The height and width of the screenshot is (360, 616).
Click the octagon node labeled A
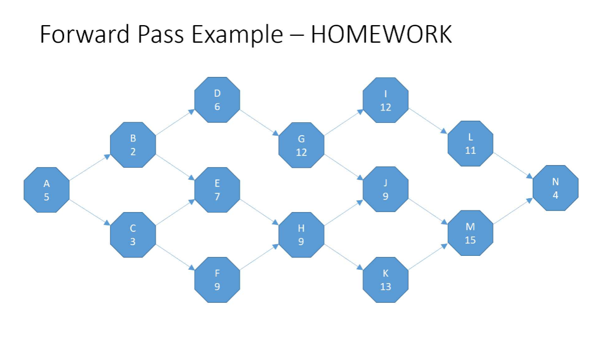[46, 190]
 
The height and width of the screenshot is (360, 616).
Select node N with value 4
[555, 189]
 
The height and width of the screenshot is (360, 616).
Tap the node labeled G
[301, 145]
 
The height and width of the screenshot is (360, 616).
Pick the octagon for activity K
[385, 280]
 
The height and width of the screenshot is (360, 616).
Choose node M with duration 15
[470, 233]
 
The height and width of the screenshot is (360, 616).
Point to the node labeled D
[217, 100]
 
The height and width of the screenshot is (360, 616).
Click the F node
[217, 280]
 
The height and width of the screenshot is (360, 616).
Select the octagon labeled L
[470, 144]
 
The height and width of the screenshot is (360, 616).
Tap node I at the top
[385, 100]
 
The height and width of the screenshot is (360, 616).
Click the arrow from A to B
[90, 167]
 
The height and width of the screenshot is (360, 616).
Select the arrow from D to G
[259, 122]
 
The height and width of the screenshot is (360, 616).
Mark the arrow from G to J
[344, 167]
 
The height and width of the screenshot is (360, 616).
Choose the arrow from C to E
[175, 212]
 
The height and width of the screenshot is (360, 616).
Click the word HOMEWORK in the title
[381, 35]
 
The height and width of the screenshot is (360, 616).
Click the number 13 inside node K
[385, 287]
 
